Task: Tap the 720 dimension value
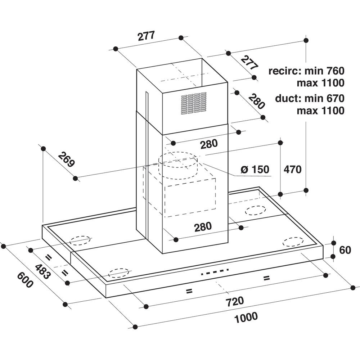[x=234, y=300]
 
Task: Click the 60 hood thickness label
[x=345, y=250]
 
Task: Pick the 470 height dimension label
[x=292, y=169]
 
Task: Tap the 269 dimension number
[x=66, y=159]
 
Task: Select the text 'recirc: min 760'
[x=306, y=70]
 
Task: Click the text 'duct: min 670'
[x=309, y=98]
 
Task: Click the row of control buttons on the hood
[x=215, y=272]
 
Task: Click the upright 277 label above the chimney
[x=146, y=36]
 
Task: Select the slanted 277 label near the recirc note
[x=249, y=63]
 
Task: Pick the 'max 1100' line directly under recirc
[x=320, y=83]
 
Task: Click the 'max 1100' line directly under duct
[x=320, y=111]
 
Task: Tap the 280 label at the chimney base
[x=203, y=227]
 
